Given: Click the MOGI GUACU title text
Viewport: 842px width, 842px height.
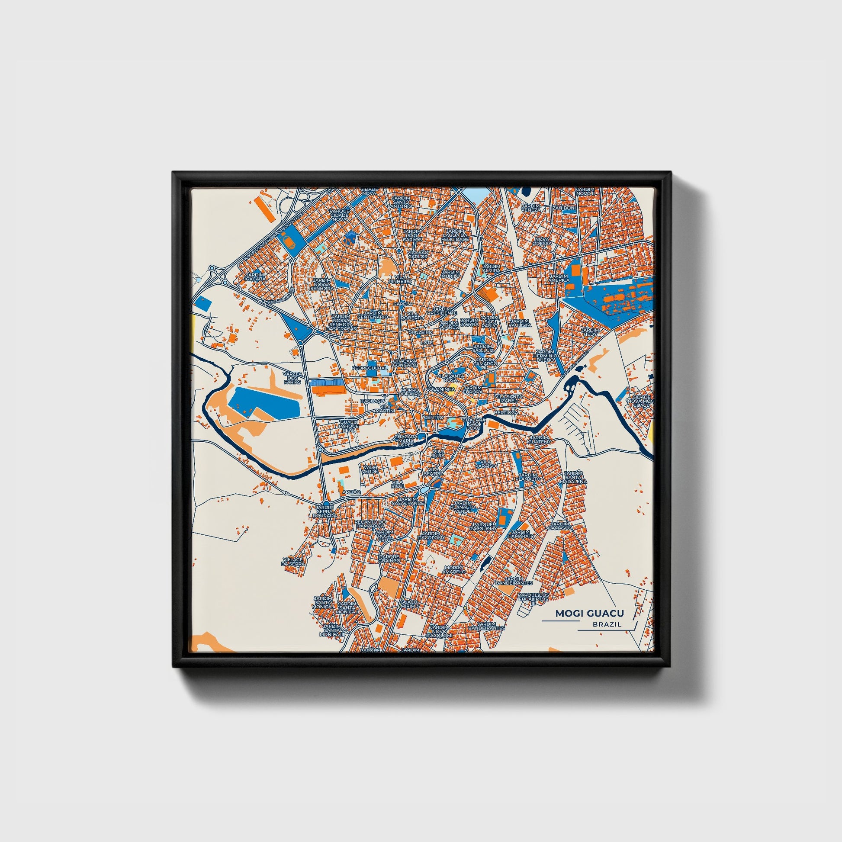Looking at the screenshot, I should pyautogui.click(x=589, y=614).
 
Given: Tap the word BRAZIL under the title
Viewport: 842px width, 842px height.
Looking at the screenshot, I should pyautogui.click(x=607, y=624).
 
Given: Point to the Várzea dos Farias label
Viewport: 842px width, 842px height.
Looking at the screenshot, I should pyautogui.click(x=292, y=377).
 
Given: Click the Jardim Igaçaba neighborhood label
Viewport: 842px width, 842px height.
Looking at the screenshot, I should pyautogui.click(x=255, y=277).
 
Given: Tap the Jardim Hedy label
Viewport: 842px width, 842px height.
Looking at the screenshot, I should pyautogui.click(x=591, y=333).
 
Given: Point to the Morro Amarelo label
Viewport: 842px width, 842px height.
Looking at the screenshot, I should pyautogui.click(x=454, y=569).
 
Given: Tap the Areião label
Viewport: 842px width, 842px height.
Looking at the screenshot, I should pyautogui.click(x=351, y=492).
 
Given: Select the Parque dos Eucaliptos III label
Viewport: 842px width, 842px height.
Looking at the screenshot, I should pyautogui.click(x=533, y=598).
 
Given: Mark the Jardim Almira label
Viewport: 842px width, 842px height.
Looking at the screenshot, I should pyautogui.click(x=492, y=268).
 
